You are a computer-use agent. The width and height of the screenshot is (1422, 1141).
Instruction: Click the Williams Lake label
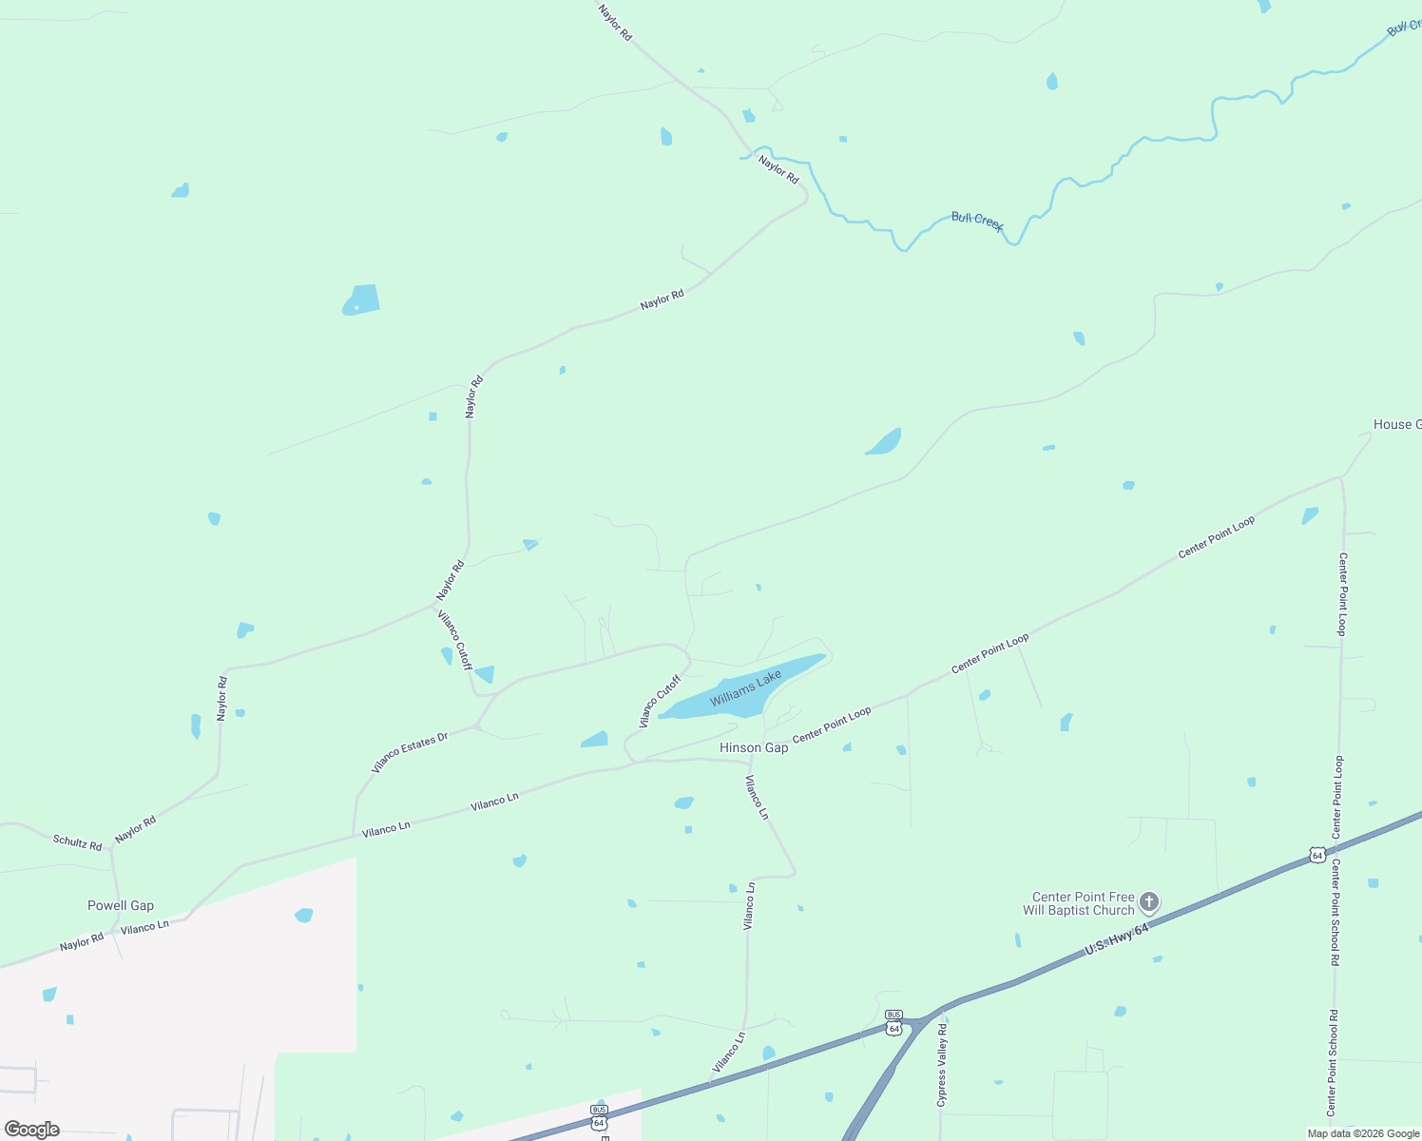pos(745,687)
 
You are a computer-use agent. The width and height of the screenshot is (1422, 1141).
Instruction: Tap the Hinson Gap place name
pos(753,747)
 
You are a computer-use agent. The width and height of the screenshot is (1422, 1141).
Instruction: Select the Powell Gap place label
pos(121,905)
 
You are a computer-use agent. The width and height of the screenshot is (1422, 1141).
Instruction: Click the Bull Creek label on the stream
pos(977,221)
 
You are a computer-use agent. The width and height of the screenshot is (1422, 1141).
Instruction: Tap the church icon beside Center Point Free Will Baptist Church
pos(1149,901)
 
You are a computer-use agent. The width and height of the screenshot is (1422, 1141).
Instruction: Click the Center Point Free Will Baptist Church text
pos(1079,903)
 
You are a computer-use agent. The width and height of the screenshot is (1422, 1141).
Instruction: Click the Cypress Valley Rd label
pos(942,1065)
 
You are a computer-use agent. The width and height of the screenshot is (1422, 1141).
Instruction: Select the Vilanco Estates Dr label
pos(409,753)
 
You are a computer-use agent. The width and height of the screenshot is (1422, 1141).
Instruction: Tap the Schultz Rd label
pos(77,841)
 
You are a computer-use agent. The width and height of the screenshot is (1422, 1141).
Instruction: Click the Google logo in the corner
pos(32,1130)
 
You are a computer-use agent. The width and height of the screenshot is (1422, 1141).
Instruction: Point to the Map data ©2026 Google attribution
pos(1362,1133)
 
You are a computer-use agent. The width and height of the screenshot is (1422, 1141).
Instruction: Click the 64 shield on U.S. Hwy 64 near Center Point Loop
pos(1316,855)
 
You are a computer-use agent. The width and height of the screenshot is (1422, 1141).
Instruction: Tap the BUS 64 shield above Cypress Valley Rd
pos(894,1022)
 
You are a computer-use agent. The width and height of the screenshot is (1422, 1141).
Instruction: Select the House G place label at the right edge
pos(1396,424)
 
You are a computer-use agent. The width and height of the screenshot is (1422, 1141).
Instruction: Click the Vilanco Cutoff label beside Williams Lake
pos(660,702)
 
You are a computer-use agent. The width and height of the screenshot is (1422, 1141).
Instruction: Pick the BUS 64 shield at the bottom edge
pos(599,1116)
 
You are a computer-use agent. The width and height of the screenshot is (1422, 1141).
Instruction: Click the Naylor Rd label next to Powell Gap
pos(81,942)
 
